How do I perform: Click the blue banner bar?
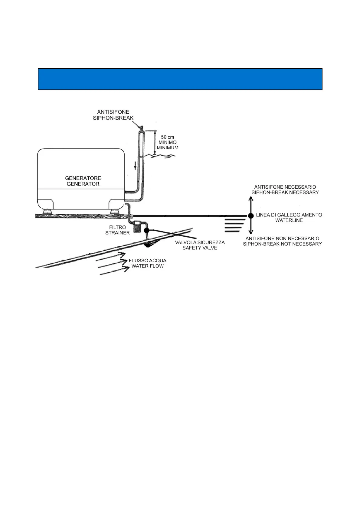click(x=180, y=79)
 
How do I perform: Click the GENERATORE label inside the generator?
click(x=83, y=178)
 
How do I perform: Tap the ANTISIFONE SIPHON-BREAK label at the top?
click(x=113, y=115)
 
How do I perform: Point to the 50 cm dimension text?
click(x=167, y=137)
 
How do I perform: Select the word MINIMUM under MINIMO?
click(x=167, y=148)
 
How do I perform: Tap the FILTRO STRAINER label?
click(x=117, y=230)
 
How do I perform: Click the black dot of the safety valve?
click(x=147, y=230)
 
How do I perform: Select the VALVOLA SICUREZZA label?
click(x=200, y=242)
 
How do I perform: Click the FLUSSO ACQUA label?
click(x=147, y=261)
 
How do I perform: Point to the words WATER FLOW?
click(x=147, y=266)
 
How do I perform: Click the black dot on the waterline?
click(x=251, y=216)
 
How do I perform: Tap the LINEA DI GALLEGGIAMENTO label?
click(x=289, y=215)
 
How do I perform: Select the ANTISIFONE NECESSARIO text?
click(x=285, y=187)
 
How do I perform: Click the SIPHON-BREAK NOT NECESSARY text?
click(x=282, y=244)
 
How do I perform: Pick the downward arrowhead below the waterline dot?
click(x=251, y=232)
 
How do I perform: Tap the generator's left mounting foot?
click(x=47, y=211)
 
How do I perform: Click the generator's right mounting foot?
click(x=114, y=211)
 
